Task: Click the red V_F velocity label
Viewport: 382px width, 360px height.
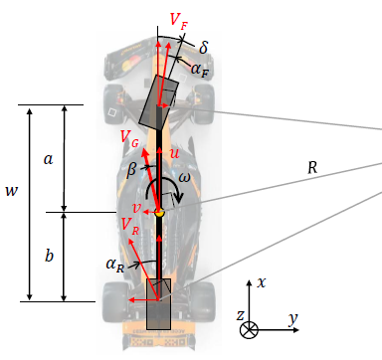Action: point(179,21)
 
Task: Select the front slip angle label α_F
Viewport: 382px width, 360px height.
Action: point(200,70)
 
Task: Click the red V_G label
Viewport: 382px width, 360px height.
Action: point(129,137)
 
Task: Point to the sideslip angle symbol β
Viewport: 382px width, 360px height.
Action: point(132,170)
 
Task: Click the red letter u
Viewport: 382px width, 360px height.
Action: point(174,153)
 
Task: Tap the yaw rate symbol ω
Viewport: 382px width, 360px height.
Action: point(184,178)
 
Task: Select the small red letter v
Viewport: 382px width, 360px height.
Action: point(136,208)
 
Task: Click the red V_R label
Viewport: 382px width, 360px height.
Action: point(130,226)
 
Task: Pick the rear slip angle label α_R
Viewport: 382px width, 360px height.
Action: point(115,266)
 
